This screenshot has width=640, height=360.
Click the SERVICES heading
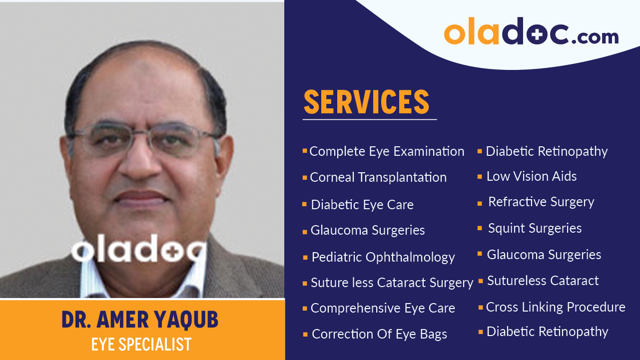coord(367,102)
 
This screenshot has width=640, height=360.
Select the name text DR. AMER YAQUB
coord(140,320)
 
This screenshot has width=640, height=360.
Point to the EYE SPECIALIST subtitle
coord(141,345)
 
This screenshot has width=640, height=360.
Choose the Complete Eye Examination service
coord(387,151)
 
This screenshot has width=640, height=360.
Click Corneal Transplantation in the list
coord(378,177)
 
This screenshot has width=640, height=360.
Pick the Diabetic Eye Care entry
coord(362,205)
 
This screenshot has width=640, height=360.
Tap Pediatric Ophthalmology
coord(383,257)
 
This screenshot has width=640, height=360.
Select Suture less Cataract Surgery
coord(392,283)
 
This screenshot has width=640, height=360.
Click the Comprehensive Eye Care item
coord(383,308)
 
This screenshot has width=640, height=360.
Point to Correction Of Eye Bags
coord(379,334)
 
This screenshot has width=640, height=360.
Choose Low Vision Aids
coord(532,176)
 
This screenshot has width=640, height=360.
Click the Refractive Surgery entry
coord(541,202)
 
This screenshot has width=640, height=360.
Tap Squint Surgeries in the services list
coord(535,228)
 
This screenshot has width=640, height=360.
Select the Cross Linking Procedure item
coord(556,307)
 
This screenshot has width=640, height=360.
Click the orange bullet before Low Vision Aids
coord(480,177)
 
